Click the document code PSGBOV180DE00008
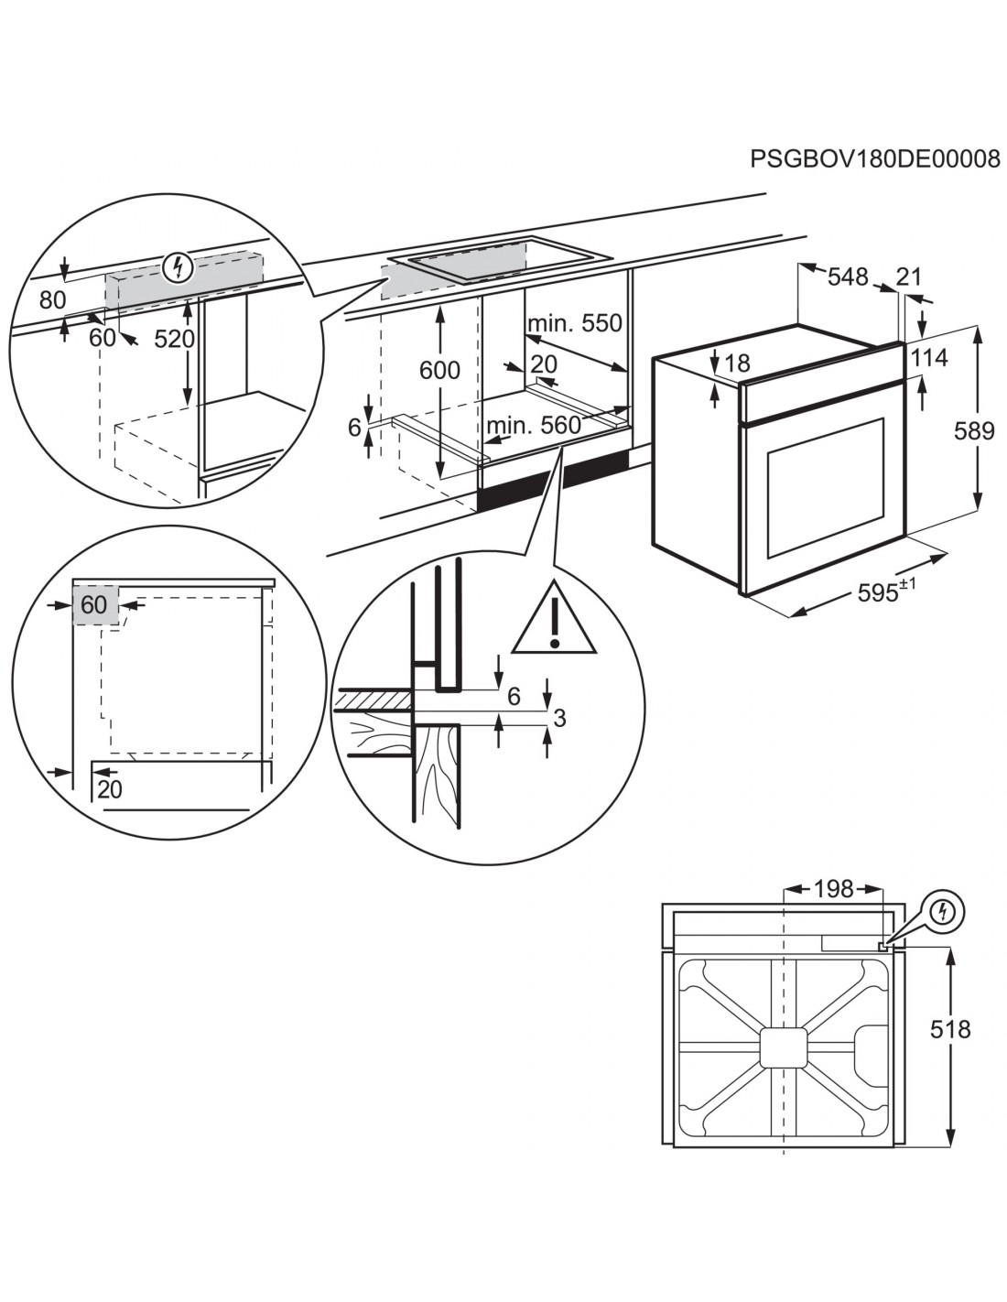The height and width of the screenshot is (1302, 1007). tap(874, 159)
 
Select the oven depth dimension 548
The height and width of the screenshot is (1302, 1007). tap(848, 277)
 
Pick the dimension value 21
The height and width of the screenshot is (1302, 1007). tap(909, 277)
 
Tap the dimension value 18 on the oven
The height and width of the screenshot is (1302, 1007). tap(737, 364)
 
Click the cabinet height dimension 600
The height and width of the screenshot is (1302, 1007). tap(439, 371)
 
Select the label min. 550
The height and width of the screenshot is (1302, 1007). tap(574, 323)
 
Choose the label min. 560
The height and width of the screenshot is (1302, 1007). tap(534, 425)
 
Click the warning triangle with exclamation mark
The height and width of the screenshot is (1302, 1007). tap(553, 619)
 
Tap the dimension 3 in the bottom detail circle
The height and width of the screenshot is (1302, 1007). tap(559, 718)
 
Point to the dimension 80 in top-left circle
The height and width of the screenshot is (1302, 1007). tap(54, 299)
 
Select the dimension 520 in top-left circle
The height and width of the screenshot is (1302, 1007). tap(174, 339)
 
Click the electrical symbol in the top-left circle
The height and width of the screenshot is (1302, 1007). tap(179, 267)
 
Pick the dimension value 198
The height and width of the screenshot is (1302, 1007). tap(833, 888)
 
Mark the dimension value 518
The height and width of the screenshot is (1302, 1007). tap(950, 1029)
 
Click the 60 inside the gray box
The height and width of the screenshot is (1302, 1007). tap(94, 604)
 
